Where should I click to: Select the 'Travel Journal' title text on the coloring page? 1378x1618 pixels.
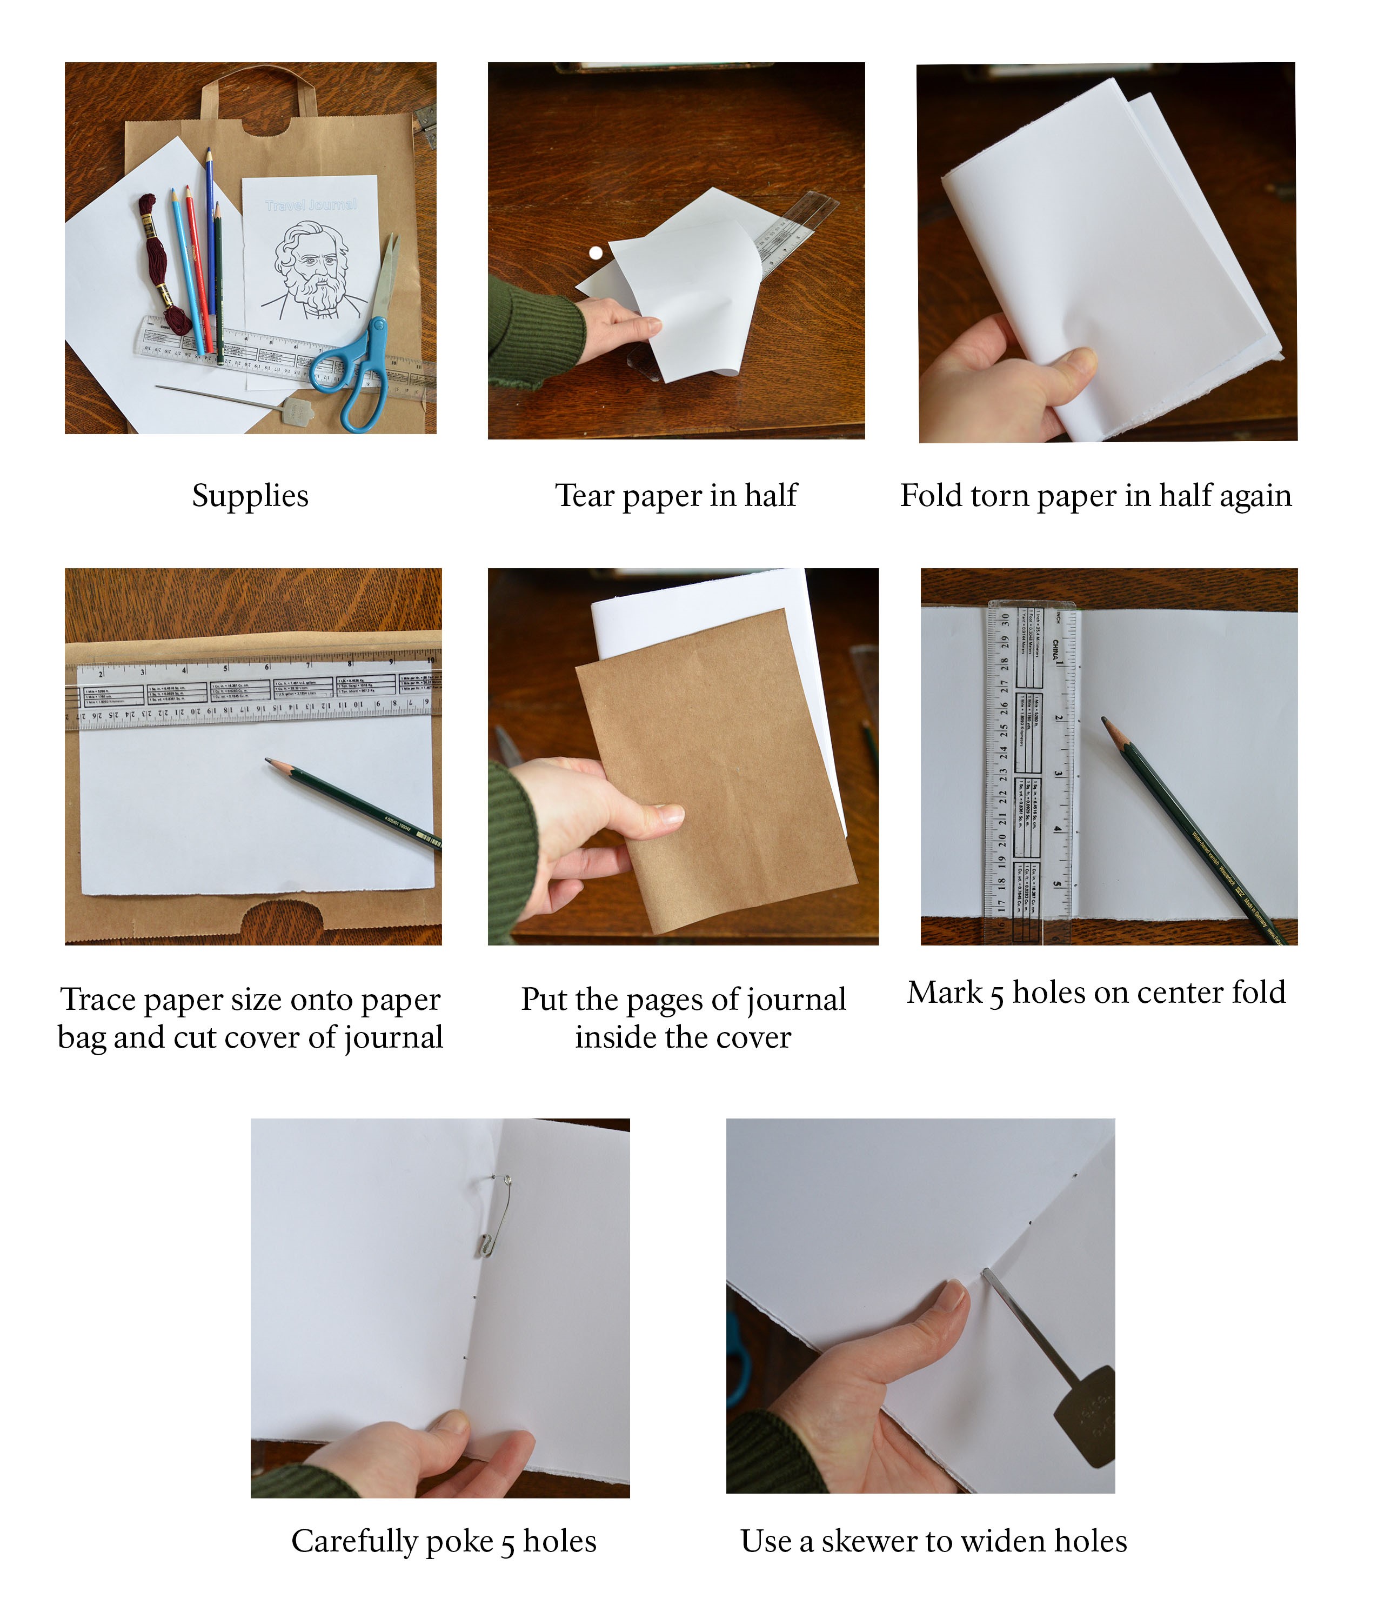click(311, 204)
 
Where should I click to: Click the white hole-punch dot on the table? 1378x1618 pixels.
click(596, 252)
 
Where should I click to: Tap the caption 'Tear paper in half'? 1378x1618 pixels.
click(676, 495)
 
